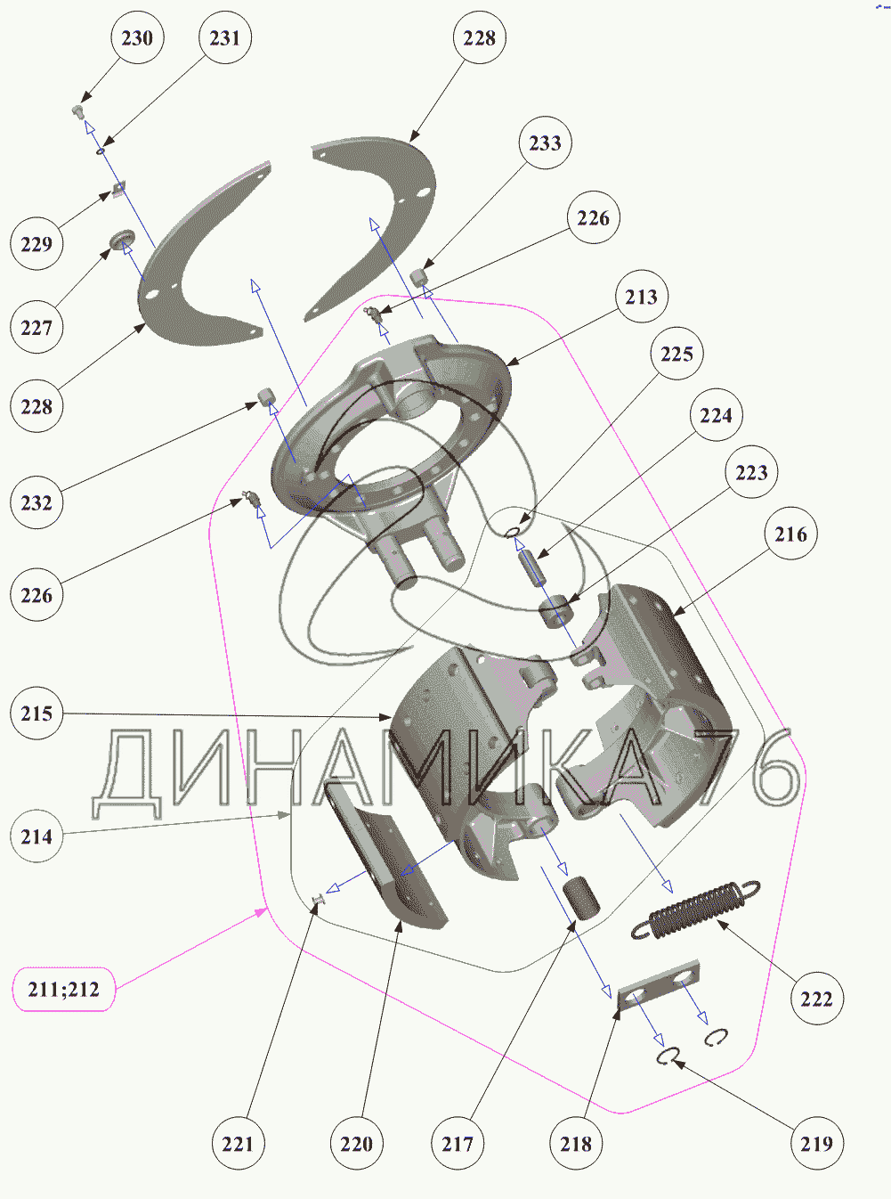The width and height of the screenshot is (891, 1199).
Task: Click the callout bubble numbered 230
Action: (137, 38)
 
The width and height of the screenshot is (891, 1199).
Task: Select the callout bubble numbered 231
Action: (224, 38)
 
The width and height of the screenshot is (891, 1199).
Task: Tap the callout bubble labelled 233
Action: (545, 143)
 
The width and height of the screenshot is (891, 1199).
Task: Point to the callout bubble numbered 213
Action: (641, 298)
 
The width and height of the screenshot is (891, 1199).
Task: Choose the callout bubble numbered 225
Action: (676, 355)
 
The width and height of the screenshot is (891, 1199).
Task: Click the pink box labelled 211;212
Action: (64, 990)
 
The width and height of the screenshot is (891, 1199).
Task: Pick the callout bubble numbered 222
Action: (816, 999)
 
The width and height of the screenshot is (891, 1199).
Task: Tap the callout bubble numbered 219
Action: (816, 1144)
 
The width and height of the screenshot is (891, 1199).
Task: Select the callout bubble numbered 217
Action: (458, 1144)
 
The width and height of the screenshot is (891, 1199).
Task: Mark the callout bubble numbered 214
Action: (36, 837)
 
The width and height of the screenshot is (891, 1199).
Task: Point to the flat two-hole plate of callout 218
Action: (659, 986)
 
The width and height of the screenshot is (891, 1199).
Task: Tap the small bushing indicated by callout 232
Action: (266, 396)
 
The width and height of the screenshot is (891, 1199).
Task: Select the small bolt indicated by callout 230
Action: (77, 111)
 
